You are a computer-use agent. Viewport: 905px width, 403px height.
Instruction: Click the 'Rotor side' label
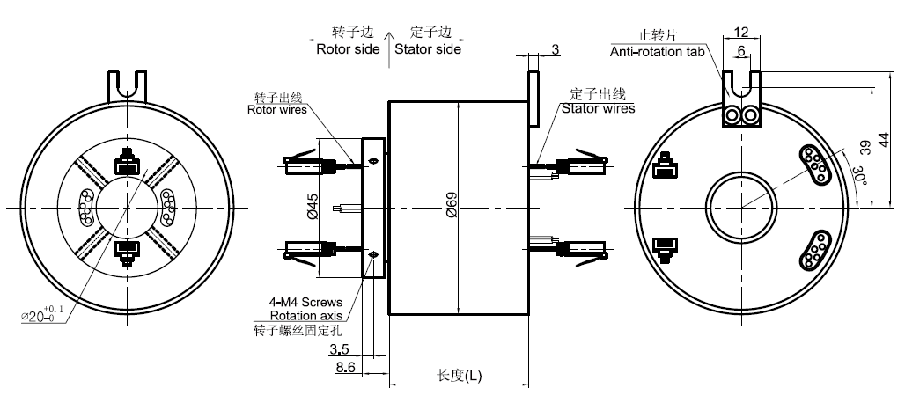coord(348,49)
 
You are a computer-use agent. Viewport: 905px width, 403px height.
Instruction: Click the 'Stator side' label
coord(428,49)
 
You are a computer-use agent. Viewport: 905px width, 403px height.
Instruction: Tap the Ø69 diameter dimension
coord(451,209)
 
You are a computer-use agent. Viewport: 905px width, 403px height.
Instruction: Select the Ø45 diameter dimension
coord(312,209)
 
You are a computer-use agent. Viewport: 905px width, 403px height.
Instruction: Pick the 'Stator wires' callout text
coord(599,109)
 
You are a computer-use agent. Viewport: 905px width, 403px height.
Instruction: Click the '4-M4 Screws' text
coord(305,303)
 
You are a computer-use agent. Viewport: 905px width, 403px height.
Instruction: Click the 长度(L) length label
coord(460,376)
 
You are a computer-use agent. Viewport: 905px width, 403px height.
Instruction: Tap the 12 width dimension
coord(741,32)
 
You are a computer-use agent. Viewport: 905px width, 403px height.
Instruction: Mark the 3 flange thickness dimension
coord(556,49)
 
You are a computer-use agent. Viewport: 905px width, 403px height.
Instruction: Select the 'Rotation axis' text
coord(306,317)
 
